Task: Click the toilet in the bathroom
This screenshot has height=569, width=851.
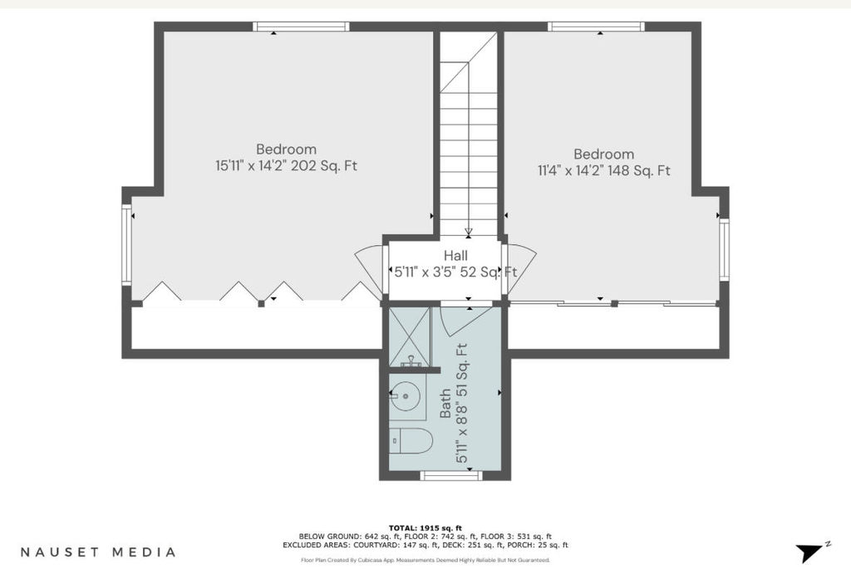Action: (411, 440)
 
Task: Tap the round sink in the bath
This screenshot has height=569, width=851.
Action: (406, 396)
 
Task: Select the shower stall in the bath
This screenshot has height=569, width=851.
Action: (410, 336)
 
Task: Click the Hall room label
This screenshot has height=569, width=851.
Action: (455, 256)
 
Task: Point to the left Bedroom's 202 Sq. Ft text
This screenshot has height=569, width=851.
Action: (324, 165)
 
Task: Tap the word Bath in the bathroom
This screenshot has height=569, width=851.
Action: (445, 403)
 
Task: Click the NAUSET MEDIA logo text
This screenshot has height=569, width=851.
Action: (98, 552)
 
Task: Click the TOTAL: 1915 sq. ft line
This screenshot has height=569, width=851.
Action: (425, 527)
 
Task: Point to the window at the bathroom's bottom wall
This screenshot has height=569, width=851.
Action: (451, 476)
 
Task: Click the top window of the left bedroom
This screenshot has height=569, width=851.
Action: (301, 27)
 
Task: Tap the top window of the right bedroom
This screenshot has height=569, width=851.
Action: (596, 27)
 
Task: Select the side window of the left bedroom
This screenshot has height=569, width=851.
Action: (126, 244)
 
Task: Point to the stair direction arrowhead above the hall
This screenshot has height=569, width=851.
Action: (469, 233)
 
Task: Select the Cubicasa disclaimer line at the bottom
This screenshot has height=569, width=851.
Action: (425, 560)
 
